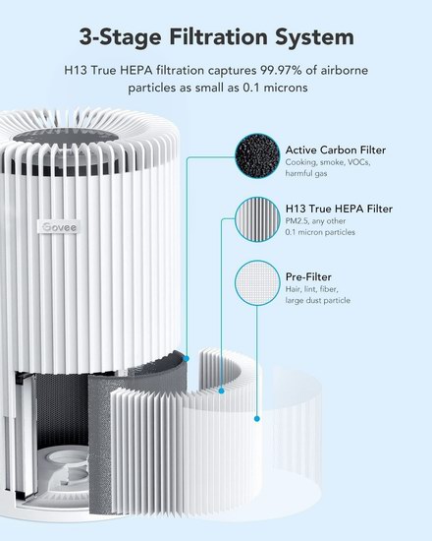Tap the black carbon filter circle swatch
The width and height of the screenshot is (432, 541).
[257, 156]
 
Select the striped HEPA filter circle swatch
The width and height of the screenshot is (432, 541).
[257, 219]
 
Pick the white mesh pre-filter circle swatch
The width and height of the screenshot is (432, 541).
[257, 282]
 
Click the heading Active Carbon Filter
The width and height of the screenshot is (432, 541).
[336, 150]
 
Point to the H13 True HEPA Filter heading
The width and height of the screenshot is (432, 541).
[339, 209]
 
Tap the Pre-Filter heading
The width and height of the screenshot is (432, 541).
[308, 276]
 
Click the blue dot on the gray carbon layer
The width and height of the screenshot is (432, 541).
[187, 359]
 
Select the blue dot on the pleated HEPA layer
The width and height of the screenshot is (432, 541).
[222, 391]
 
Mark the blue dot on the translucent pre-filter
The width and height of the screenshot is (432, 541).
[256, 419]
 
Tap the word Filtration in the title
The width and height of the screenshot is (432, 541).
[218, 37]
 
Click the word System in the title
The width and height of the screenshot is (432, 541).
[314, 37]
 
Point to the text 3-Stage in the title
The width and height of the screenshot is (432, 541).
[120, 38]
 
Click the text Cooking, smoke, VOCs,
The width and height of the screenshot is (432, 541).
[328, 162]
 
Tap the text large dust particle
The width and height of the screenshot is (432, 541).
[318, 301]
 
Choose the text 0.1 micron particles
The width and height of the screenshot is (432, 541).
[320, 232]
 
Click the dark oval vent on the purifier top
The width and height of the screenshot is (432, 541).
[66, 135]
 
